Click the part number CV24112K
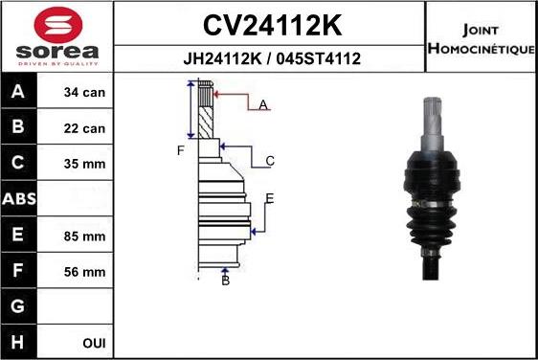(x=270, y=24)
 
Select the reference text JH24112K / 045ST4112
(x=271, y=58)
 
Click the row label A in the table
(x=18, y=94)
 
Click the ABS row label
(x=19, y=199)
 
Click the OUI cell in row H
(x=93, y=343)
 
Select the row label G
(x=18, y=307)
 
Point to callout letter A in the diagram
(x=263, y=104)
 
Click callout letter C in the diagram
(x=270, y=161)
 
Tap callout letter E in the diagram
(x=270, y=198)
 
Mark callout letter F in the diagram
(x=179, y=150)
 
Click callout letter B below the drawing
(x=226, y=280)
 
